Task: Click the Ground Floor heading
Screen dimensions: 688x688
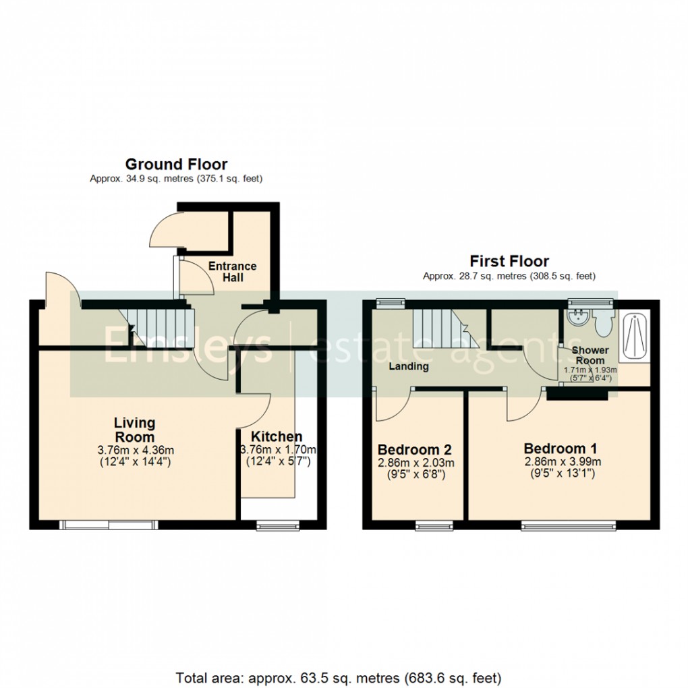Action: tap(176, 164)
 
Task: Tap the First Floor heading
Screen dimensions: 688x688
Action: tap(509, 261)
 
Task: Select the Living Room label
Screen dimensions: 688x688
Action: tap(134, 430)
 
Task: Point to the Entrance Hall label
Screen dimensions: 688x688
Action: tap(232, 272)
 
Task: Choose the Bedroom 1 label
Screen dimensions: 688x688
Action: tap(560, 448)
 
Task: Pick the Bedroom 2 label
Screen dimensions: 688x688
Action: tap(414, 449)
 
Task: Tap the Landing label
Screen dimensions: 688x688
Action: tap(409, 366)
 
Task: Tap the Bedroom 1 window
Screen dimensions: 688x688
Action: tap(569, 524)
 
